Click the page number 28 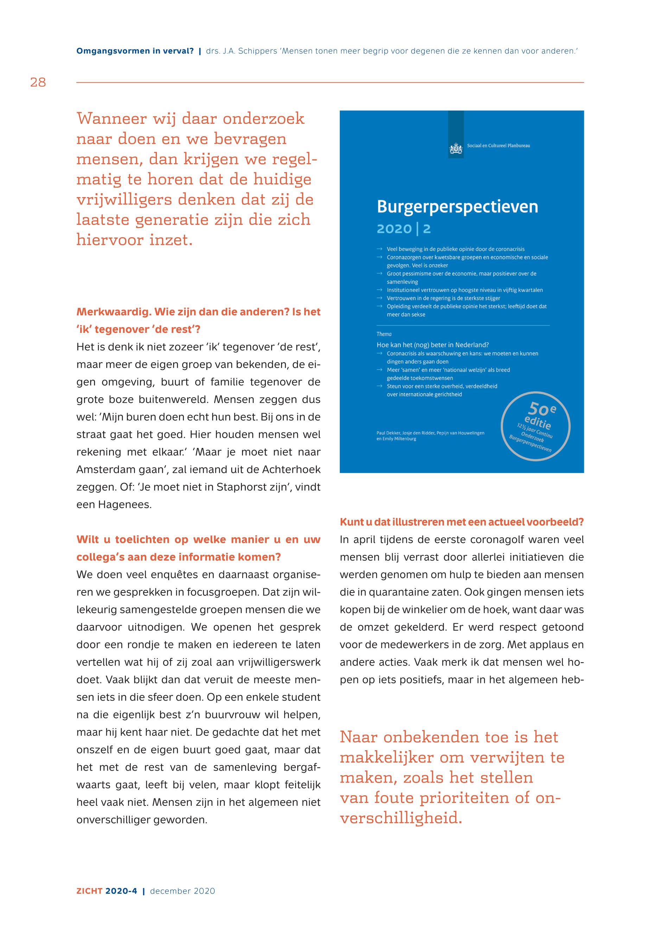point(38,83)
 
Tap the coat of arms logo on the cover point(456,149)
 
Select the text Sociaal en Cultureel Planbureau point(498,146)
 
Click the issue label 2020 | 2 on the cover point(403,229)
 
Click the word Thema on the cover point(384,334)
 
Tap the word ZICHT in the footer point(89,891)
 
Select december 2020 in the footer point(183,891)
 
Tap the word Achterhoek point(291,469)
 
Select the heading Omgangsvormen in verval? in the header point(135,51)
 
